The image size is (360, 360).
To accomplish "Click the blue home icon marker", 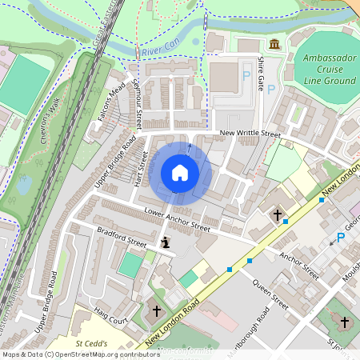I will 180,173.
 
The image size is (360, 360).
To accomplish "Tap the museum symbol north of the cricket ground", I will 274,43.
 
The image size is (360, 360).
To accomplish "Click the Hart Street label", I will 142,168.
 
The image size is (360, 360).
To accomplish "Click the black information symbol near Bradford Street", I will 166,242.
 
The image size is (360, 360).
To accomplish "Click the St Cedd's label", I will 90,344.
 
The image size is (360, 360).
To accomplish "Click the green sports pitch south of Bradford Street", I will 130,265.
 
